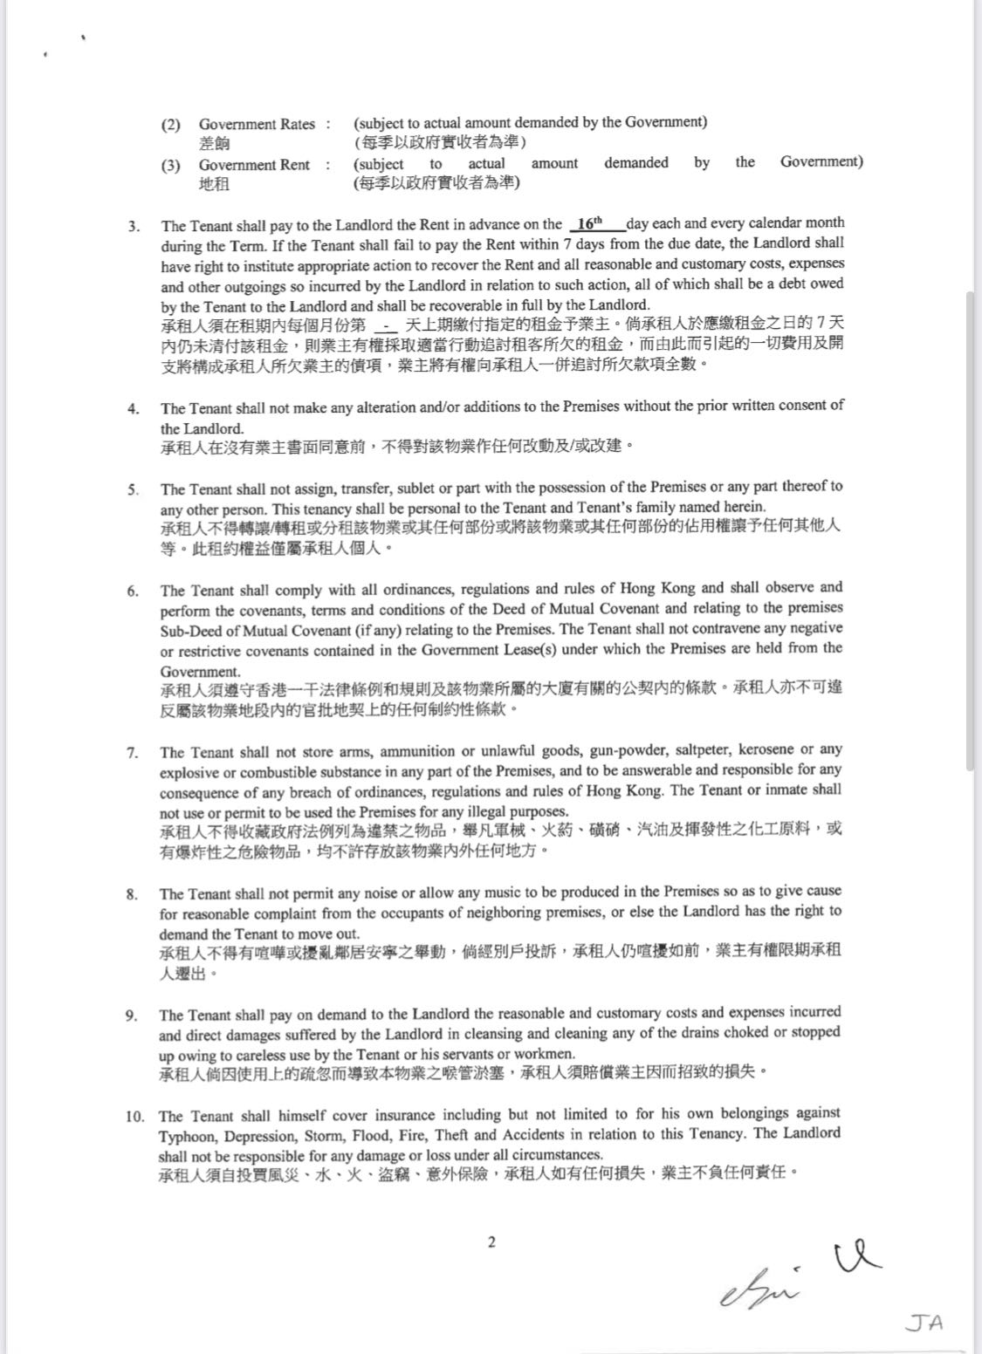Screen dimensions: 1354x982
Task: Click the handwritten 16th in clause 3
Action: coord(590,223)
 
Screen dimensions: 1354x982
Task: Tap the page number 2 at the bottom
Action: coord(491,1242)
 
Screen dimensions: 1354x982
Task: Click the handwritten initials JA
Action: coord(924,1323)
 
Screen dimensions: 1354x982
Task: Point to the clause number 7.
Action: coord(132,753)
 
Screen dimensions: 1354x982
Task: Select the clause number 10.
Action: coord(134,1117)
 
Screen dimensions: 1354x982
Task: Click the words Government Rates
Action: coord(257,125)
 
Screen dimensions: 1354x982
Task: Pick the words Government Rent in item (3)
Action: coord(254,165)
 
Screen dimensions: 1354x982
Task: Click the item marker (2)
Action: coord(171,125)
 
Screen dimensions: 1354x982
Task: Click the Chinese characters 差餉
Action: coord(214,143)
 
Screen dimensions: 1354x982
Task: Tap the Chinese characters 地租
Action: coord(214,183)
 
